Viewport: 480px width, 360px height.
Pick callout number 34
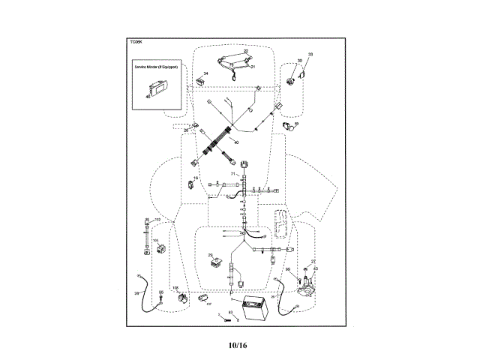pyautogui.click(x=206, y=73)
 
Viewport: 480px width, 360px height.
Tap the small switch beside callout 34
pyautogui.click(x=201, y=80)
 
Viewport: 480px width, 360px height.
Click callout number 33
pyautogui.click(x=311, y=54)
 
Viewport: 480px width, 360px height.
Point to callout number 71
pyautogui.click(x=233, y=174)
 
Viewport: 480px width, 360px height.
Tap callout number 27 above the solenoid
pyautogui.click(x=313, y=262)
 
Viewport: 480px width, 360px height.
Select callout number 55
pyautogui.click(x=160, y=292)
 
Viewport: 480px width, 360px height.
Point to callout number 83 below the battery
pyautogui.click(x=231, y=312)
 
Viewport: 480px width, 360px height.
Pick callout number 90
pyautogui.click(x=287, y=268)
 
